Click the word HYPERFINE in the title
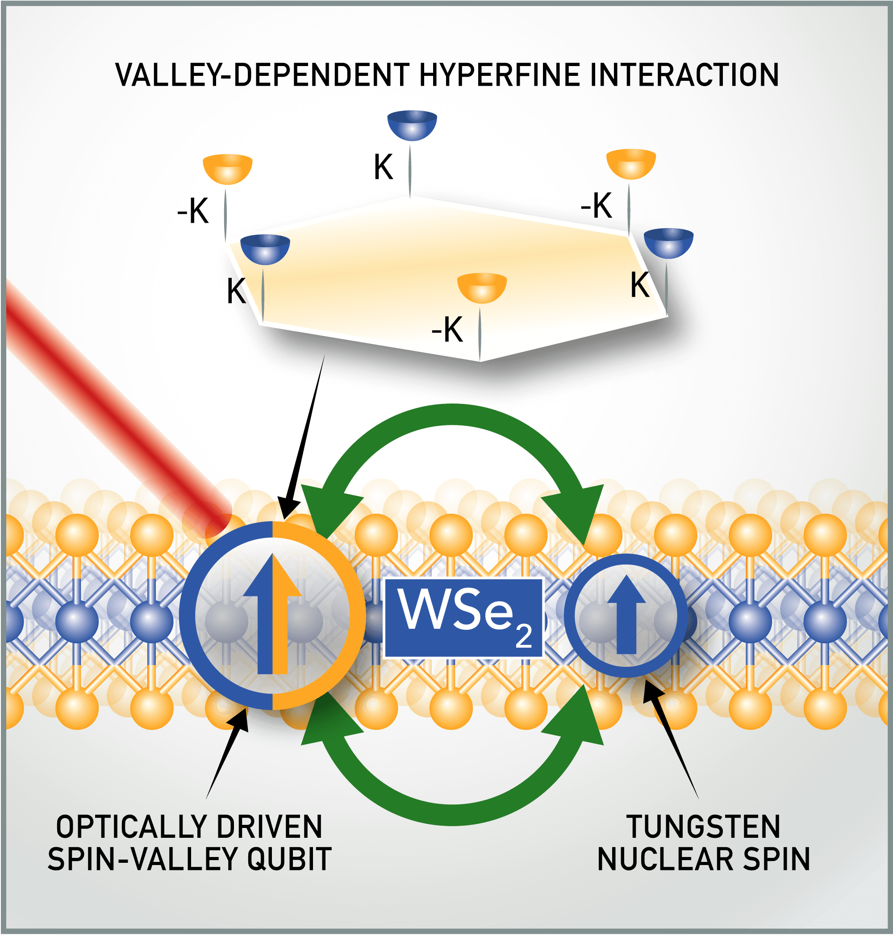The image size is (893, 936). [x=500, y=75]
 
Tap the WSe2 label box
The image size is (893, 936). [x=463, y=618]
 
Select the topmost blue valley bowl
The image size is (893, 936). [x=412, y=125]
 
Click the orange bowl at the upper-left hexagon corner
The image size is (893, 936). [x=228, y=168]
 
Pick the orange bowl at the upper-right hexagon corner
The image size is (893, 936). [x=631, y=163]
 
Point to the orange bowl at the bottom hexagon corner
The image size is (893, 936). [x=482, y=287]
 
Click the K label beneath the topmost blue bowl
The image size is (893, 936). [x=383, y=167]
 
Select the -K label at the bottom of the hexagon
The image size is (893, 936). [x=447, y=330]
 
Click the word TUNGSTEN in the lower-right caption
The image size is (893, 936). [x=703, y=827]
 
